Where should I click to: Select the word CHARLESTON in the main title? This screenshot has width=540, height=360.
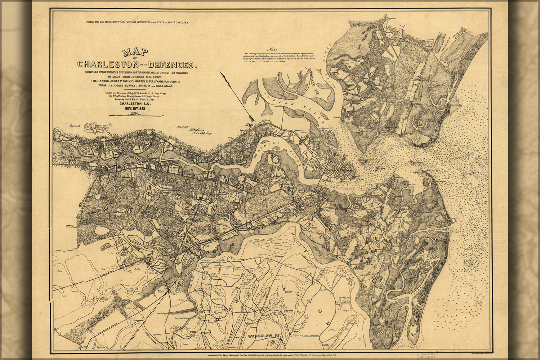pos(108,64)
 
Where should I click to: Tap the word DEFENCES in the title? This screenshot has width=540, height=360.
pos(171,65)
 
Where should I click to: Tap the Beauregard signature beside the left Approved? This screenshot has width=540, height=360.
pos(97,127)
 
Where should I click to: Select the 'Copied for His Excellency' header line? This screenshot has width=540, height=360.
pos(137,22)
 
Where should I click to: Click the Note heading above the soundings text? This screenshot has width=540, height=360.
pos(271,49)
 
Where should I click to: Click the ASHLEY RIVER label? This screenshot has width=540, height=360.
pos(285,149)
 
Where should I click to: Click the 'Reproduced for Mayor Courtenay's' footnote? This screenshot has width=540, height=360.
pos(270,354)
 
